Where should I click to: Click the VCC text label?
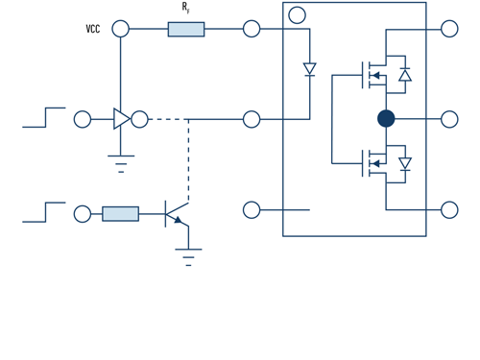click(x=93, y=30)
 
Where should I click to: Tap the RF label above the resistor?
click(x=185, y=8)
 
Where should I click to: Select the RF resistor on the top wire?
click(x=185, y=29)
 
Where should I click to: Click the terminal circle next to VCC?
click(x=120, y=29)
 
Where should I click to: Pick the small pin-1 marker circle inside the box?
click(x=297, y=14)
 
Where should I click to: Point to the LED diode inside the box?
click(x=309, y=69)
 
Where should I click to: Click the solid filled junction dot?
click(x=386, y=119)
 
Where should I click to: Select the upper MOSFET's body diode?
click(x=405, y=75)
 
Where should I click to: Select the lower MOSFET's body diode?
click(x=405, y=164)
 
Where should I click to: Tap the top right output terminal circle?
click(x=449, y=29)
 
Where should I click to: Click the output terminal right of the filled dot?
click(x=449, y=119)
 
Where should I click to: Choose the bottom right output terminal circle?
click(x=449, y=209)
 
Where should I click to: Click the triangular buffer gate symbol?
click(x=121, y=119)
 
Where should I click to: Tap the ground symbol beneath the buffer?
click(x=120, y=163)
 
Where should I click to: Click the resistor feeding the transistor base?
click(x=120, y=213)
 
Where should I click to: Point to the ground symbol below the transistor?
click(x=188, y=256)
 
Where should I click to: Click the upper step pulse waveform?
click(x=44, y=117)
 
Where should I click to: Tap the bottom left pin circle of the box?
click(x=252, y=209)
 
